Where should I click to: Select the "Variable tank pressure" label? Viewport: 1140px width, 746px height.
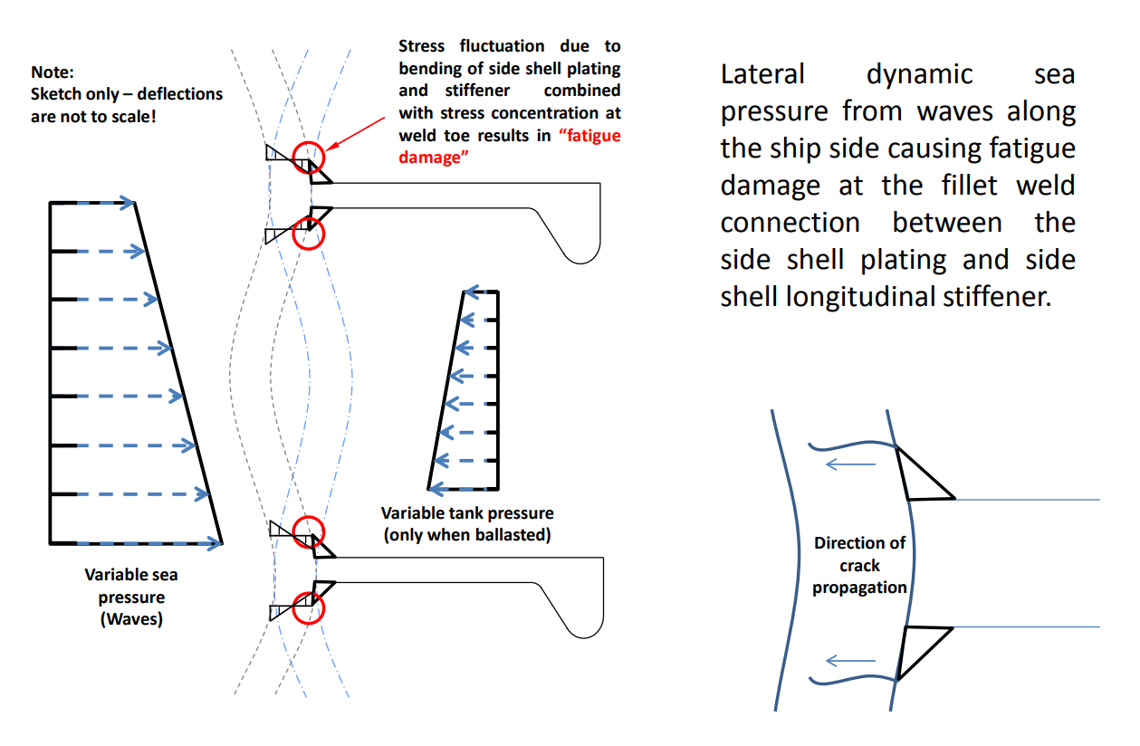coord(466,513)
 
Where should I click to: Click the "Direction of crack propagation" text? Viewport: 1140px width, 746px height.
coord(859,565)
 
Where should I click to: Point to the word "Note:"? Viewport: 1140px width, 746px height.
coord(52,72)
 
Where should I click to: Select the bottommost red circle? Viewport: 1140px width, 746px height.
coord(310,608)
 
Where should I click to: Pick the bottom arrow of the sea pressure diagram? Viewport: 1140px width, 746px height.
coord(148,543)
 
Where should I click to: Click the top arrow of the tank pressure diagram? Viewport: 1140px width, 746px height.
coord(480,292)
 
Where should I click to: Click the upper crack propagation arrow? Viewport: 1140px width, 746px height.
coord(852,465)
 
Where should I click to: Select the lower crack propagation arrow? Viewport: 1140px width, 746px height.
coord(851,661)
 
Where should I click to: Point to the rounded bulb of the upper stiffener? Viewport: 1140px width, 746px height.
coord(585,241)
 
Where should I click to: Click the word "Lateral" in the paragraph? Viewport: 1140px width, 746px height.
coord(762,74)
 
